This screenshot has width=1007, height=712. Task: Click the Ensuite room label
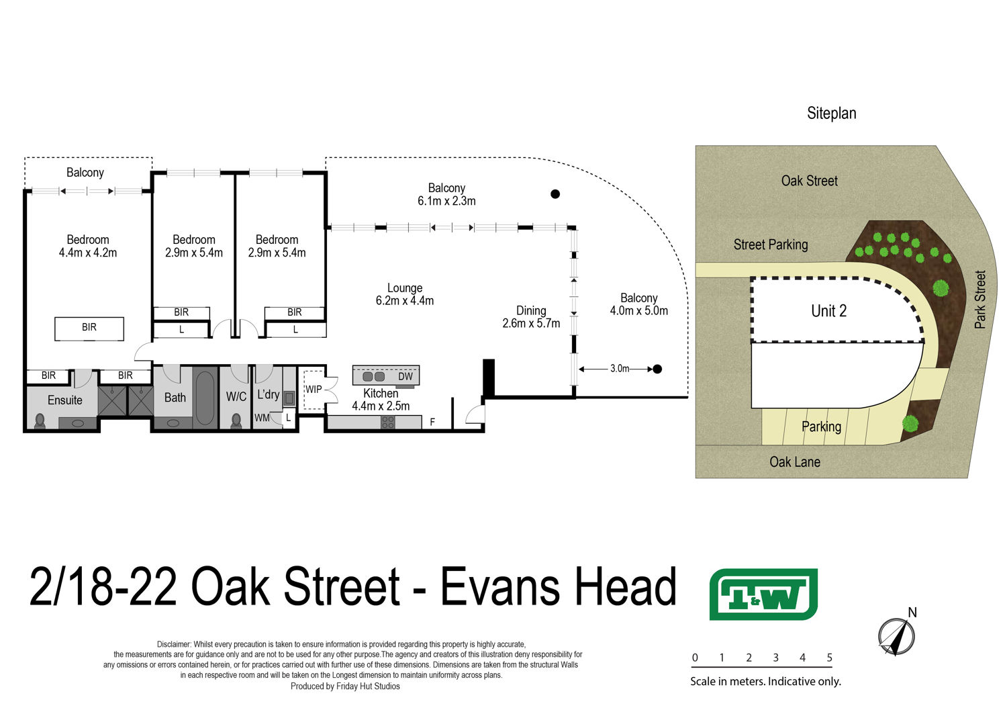click(65, 400)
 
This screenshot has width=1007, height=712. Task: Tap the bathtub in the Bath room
click(205, 398)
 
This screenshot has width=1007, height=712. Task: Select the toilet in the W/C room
click(236, 421)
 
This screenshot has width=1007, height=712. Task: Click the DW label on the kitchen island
click(405, 377)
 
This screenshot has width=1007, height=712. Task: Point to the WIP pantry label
click(314, 390)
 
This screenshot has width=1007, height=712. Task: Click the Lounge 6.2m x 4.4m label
click(405, 294)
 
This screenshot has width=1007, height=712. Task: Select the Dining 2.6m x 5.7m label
click(531, 317)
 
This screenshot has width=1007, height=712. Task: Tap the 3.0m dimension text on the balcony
click(620, 369)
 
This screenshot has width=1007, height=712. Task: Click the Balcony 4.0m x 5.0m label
click(638, 304)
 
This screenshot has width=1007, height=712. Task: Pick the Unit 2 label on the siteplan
click(828, 311)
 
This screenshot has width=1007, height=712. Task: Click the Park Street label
click(980, 300)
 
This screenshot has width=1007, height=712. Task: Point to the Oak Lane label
click(795, 462)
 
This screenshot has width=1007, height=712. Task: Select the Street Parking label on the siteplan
click(771, 244)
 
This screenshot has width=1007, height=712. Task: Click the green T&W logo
click(763, 594)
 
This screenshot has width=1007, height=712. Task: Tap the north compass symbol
click(896, 635)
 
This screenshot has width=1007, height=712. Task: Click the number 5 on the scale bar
click(830, 658)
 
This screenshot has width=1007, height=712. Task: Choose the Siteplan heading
click(831, 114)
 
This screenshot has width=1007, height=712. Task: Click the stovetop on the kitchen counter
click(388, 422)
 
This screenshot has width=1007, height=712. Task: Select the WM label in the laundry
click(262, 418)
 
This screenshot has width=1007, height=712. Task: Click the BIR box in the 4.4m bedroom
click(89, 328)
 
